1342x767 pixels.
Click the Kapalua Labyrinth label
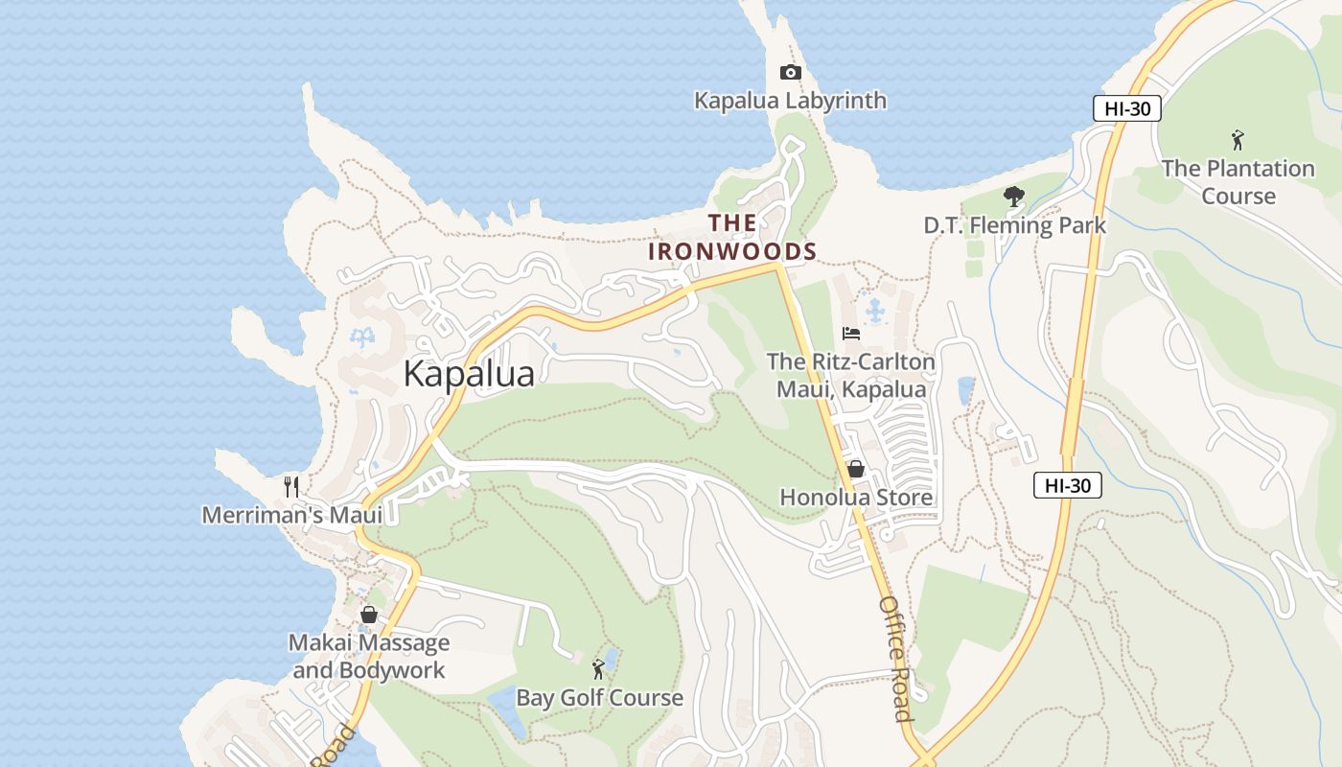tap(790, 101)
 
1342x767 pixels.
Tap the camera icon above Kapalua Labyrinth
tap(790, 73)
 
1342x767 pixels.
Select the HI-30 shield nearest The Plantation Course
tap(1126, 108)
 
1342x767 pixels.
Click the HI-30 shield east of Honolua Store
tap(1067, 485)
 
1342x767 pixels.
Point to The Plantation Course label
tap(1238, 182)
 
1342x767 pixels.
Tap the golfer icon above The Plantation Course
tap(1238, 140)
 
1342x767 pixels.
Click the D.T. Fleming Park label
tap(1014, 225)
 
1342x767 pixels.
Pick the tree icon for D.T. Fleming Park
tap(1013, 198)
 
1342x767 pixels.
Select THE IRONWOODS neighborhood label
tap(732, 237)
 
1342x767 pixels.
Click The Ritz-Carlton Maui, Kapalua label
tap(850, 376)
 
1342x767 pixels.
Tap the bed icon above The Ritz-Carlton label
tap(850, 334)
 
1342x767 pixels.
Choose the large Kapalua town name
tap(469, 373)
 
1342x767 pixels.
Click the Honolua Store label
tap(855, 498)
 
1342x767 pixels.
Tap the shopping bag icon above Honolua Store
tap(855, 469)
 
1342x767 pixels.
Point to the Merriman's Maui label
tap(291, 515)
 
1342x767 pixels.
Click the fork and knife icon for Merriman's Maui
tap(291, 487)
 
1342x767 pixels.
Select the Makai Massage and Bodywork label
tap(369, 656)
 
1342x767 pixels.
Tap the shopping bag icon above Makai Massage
tap(368, 615)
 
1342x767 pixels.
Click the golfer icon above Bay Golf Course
tap(599, 669)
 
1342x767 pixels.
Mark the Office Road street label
tap(895, 659)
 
